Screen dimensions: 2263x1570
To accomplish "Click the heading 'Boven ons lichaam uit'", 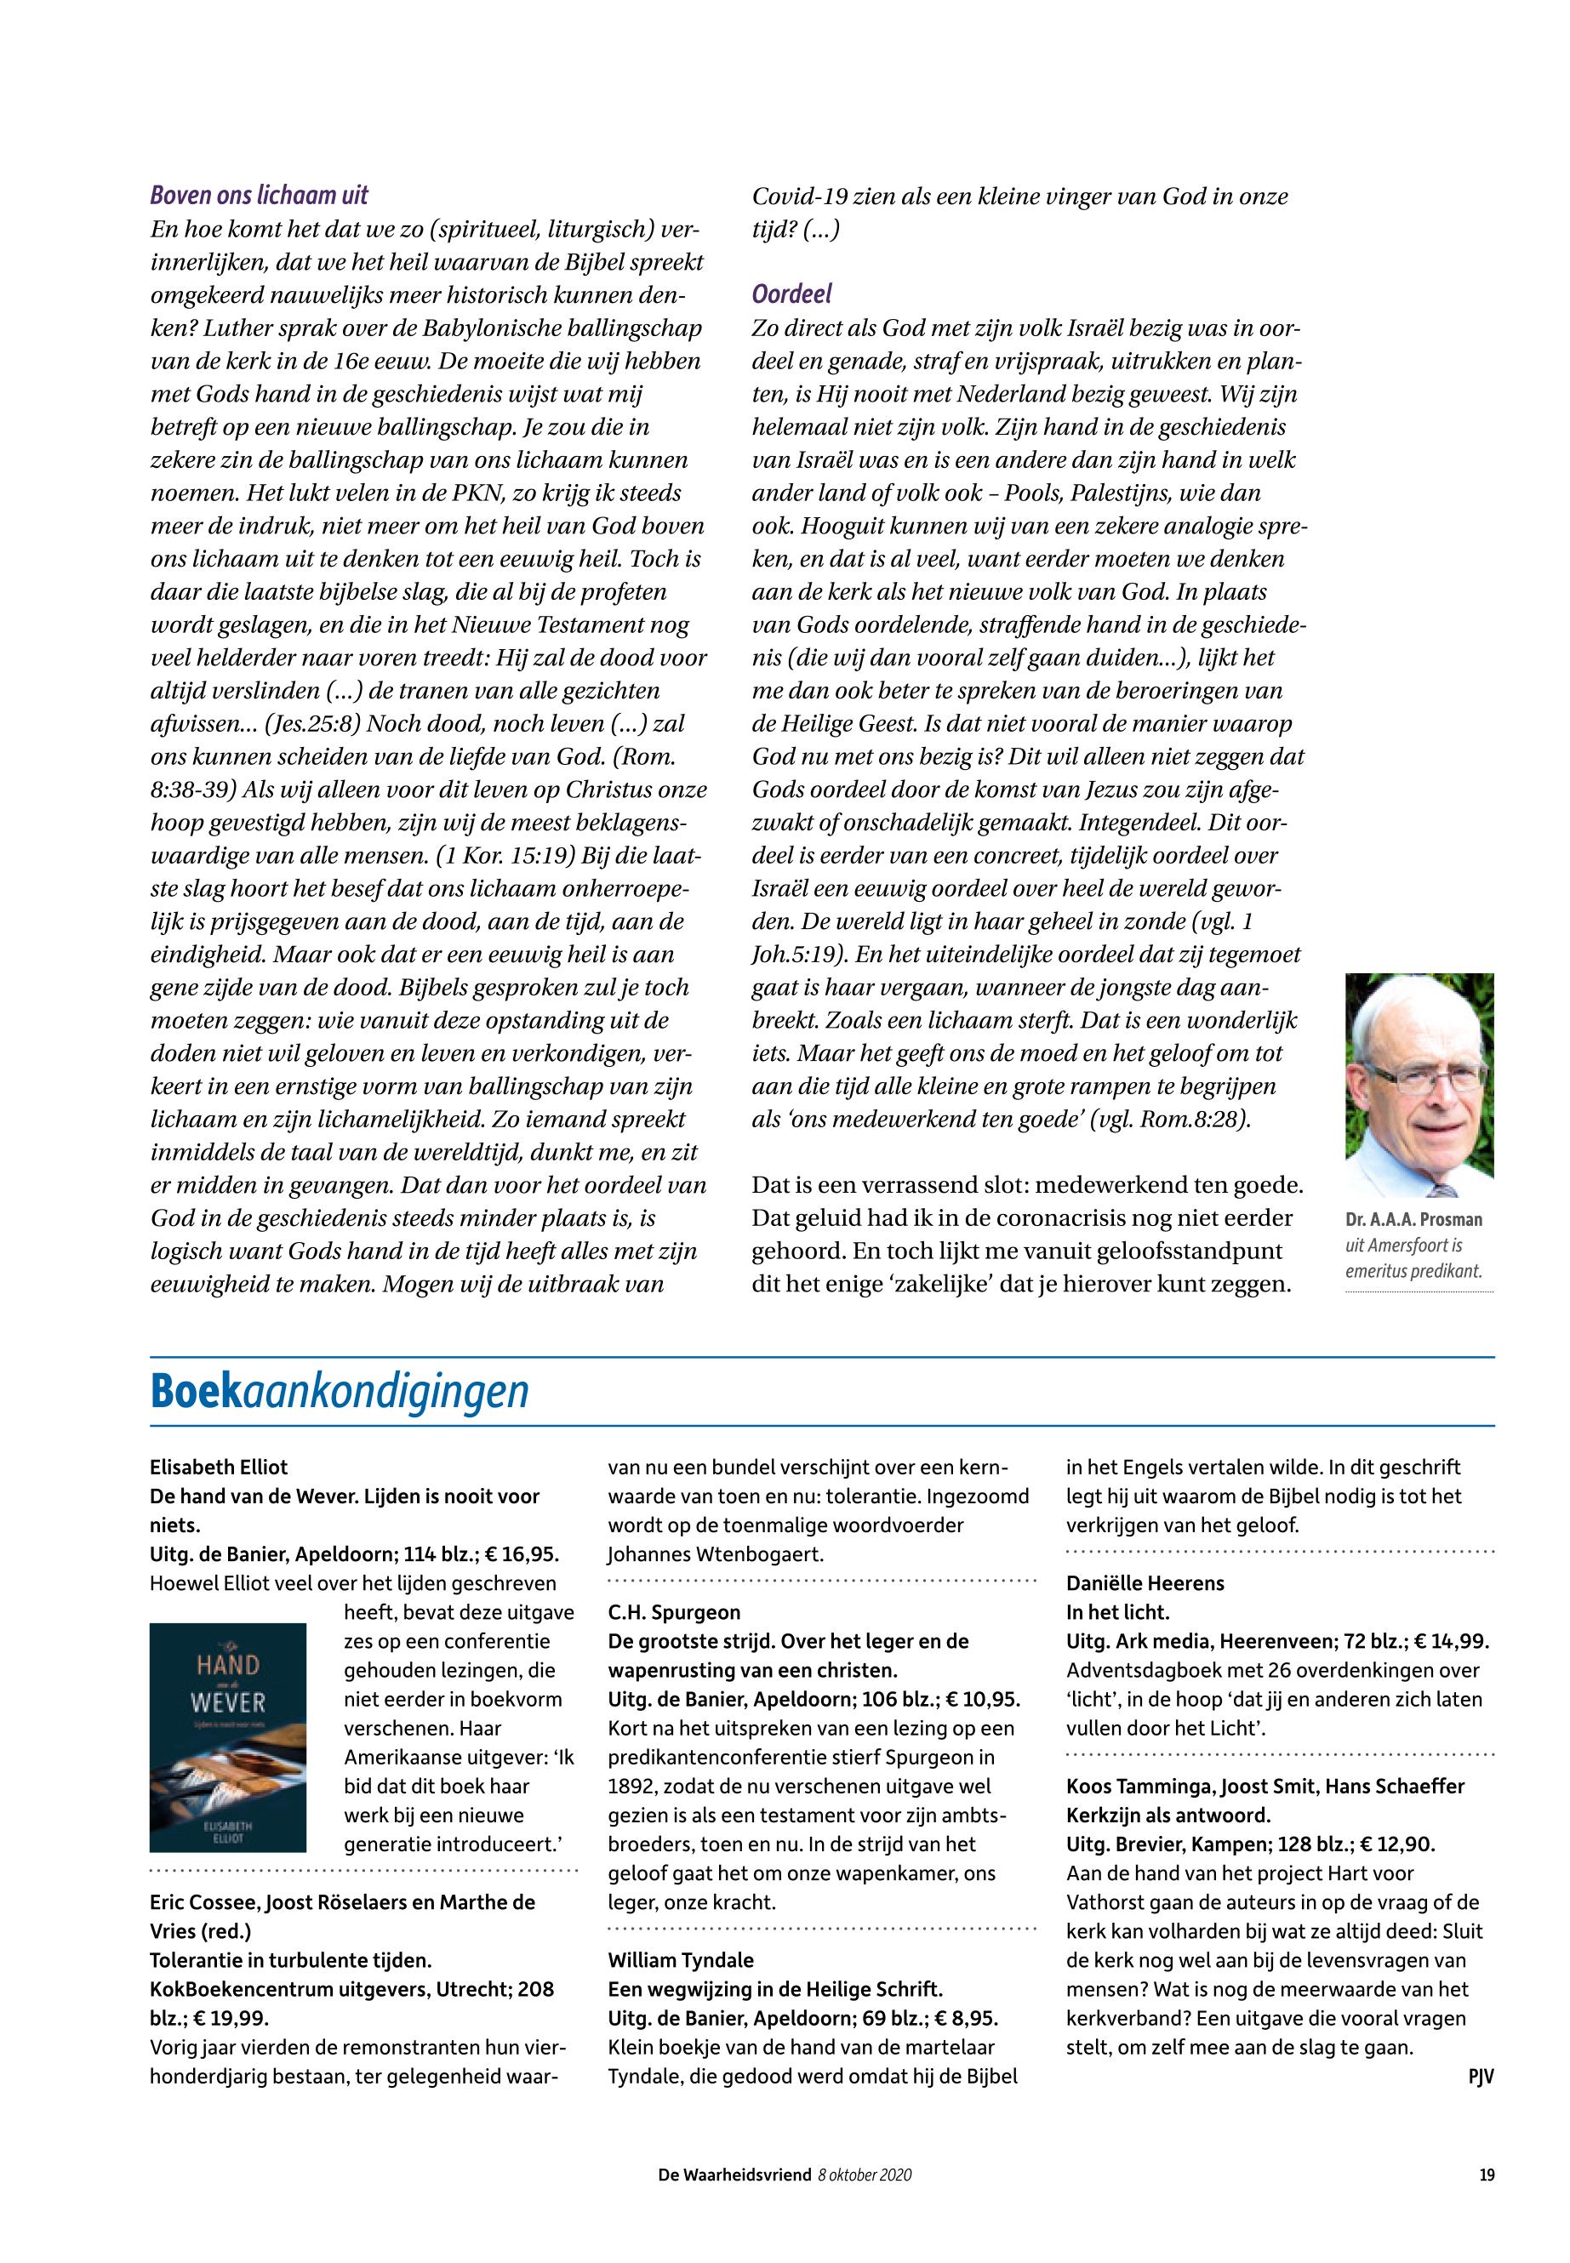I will tap(259, 195).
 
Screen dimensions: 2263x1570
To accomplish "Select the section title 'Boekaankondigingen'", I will tap(340, 1392).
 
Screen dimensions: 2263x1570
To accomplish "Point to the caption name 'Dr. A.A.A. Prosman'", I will tap(1413, 1219).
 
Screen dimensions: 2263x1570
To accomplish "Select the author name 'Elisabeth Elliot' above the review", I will tap(219, 1468).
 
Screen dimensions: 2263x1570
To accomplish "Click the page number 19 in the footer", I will tap(1487, 2175).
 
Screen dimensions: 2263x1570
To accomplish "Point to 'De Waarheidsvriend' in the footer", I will tap(735, 2175).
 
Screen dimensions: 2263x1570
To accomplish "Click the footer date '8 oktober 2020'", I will tap(864, 2175).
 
